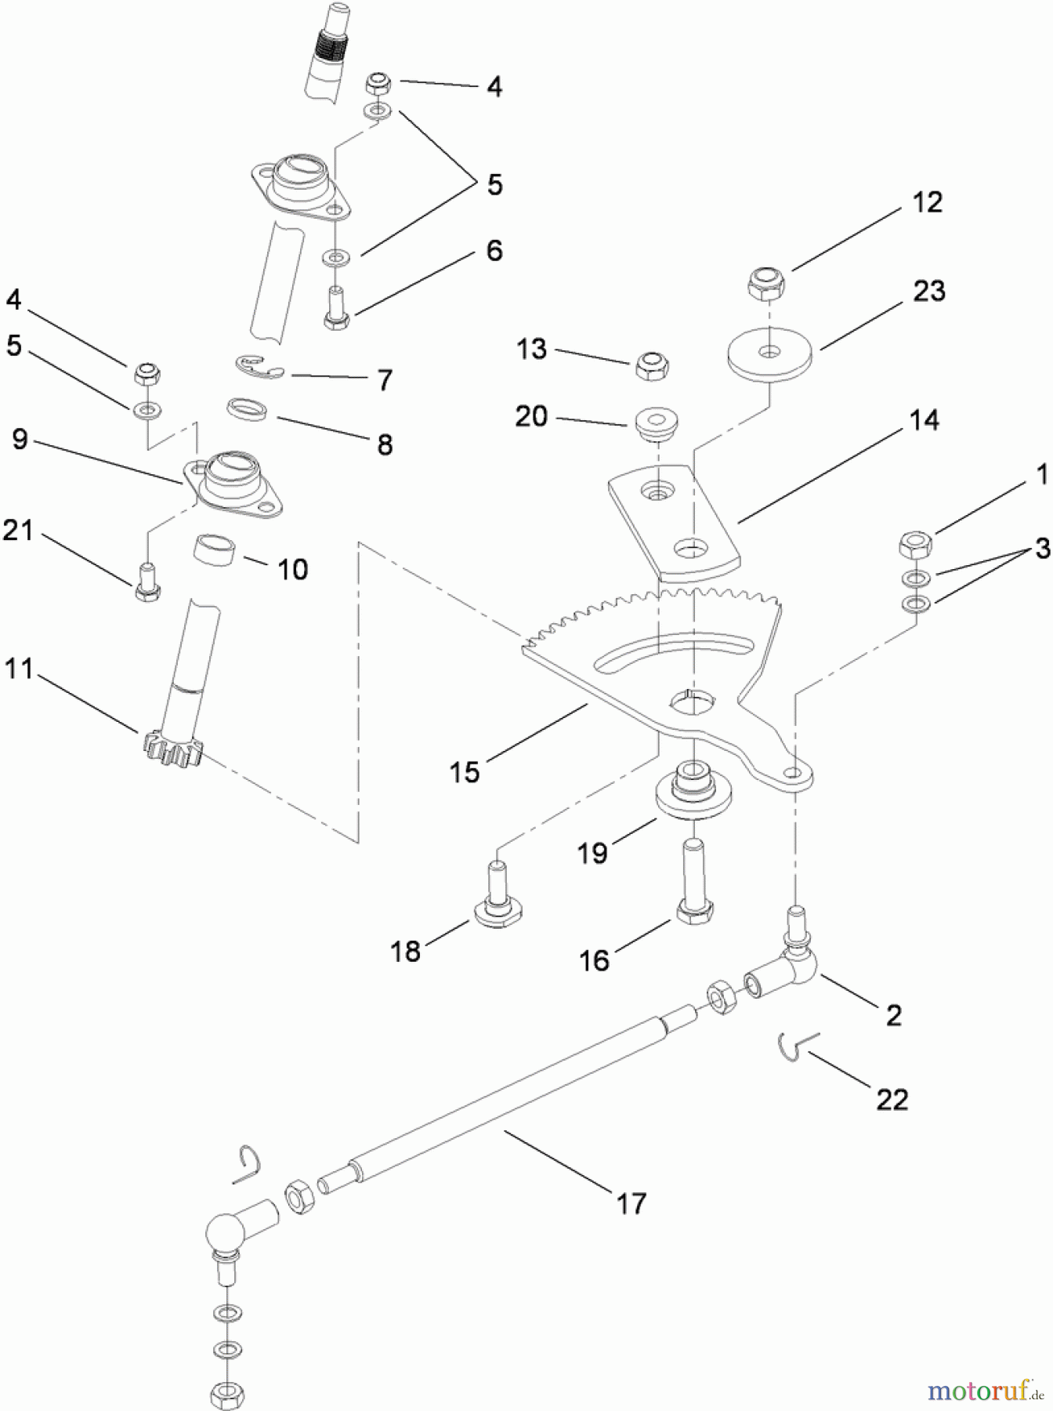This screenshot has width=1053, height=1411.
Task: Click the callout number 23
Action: (928, 292)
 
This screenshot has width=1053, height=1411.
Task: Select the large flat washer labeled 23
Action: (769, 357)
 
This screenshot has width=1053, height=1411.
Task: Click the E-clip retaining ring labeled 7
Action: (259, 366)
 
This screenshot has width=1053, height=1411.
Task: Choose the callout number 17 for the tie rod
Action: (631, 1202)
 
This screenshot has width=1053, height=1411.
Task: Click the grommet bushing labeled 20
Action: (656, 423)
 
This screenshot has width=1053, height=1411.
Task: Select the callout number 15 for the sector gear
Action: (464, 772)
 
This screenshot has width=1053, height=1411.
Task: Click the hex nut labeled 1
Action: (914, 544)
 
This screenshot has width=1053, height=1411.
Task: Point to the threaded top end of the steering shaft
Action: (324, 51)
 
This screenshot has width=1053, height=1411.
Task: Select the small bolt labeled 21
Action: (147, 582)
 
